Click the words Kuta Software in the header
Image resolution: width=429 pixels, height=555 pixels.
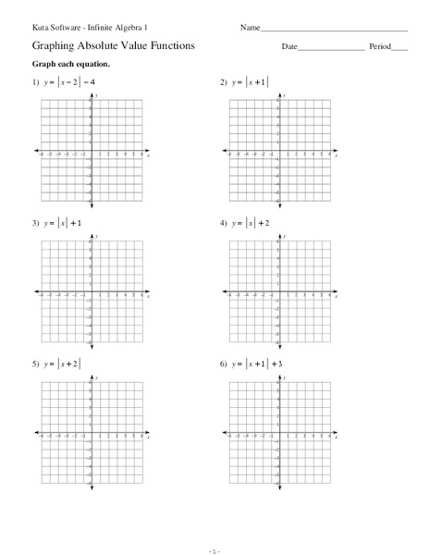(54, 28)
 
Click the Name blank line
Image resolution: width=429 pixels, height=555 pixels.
(334, 31)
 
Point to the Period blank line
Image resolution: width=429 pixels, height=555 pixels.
(399, 47)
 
